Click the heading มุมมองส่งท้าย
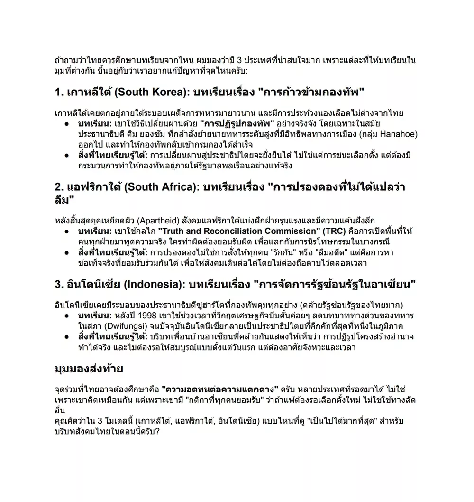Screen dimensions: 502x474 pos(89,369)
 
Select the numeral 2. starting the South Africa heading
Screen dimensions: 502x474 pos(59,187)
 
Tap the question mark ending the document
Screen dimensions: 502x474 pos(157,431)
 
